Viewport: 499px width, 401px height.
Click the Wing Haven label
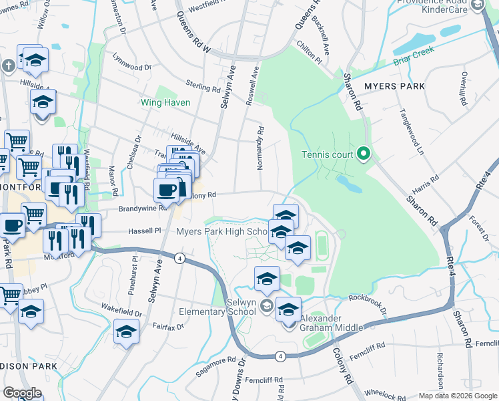(165, 103)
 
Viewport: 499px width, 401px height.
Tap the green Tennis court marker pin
(364, 154)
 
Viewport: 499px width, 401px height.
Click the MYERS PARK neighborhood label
(394, 86)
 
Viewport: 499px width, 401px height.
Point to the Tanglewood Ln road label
(412, 131)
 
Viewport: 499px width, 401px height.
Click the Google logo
(23, 393)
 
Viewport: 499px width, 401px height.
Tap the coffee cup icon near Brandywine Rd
(166, 189)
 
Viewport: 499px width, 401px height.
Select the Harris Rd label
(425, 182)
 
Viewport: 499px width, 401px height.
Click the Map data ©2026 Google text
(457, 396)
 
